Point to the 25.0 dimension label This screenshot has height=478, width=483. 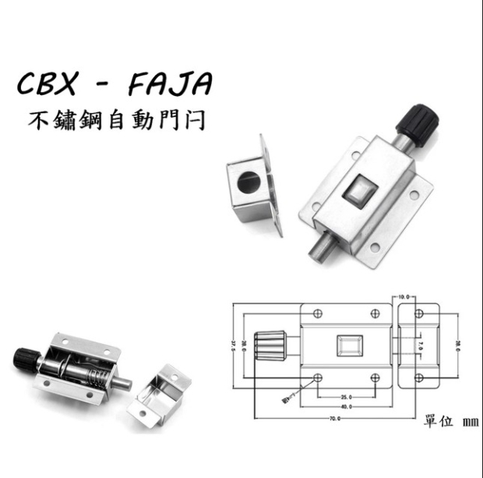[x=347, y=395]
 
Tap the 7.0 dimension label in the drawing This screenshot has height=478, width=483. [x=418, y=344]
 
